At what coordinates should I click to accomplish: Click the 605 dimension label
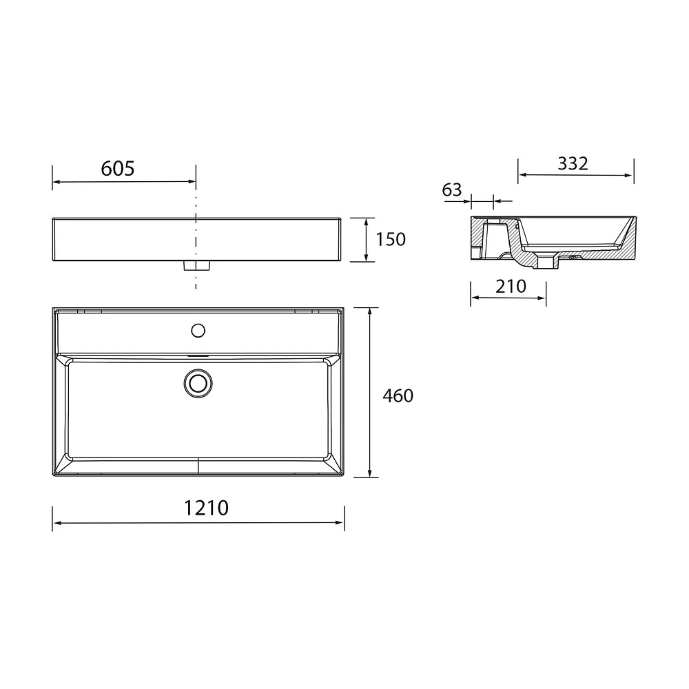tap(117, 168)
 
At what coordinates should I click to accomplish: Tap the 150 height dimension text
tap(390, 240)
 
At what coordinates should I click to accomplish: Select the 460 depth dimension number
tap(398, 396)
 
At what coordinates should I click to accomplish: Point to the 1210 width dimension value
tap(206, 508)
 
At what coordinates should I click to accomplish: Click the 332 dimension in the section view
tap(573, 163)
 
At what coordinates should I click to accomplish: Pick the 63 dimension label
tap(452, 190)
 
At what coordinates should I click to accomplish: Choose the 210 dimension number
tap(511, 287)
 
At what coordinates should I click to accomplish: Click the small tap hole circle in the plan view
tap(198, 331)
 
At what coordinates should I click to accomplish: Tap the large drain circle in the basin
tap(198, 384)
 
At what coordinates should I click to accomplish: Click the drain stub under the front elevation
tap(196, 265)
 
